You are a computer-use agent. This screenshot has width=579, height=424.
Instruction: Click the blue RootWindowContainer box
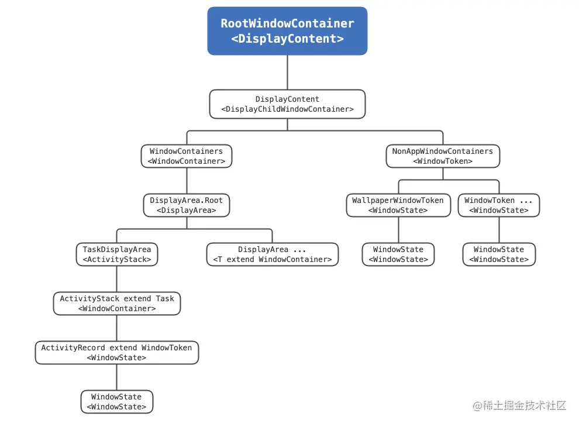click(287, 31)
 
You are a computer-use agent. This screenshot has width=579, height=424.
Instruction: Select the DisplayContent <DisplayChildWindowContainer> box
click(287, 104)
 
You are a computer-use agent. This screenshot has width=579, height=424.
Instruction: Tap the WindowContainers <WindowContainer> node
click(187, 156)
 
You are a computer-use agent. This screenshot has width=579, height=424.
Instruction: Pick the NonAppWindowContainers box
click(443, 156)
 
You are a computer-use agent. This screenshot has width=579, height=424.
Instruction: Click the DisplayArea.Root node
click(187, 205)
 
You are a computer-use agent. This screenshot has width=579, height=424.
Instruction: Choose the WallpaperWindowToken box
click(398, 205)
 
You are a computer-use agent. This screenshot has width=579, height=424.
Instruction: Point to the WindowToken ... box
click(499, 205)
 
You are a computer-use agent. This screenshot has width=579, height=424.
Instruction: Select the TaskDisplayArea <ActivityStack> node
click(117, 254)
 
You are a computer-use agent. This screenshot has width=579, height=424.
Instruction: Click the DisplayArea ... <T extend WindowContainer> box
click(273, 254)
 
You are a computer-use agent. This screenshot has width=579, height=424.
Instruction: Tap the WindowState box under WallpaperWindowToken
click(398, 254)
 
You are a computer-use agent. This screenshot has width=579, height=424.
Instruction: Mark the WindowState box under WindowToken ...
click(499, 254)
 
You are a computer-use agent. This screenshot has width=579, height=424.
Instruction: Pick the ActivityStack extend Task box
click(117, 304)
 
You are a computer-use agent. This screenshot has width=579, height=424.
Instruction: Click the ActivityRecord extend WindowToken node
click(117, 353)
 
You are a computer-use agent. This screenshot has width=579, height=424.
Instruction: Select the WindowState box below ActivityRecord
click(117, 402)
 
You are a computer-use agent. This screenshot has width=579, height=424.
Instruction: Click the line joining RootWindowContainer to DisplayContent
click(287, 73)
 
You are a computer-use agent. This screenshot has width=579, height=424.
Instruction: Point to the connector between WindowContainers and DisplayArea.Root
click(187, 181)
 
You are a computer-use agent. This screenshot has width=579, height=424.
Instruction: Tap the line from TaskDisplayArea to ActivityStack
click(117, 279)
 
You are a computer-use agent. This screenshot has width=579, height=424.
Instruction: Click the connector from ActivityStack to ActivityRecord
click(117, 328)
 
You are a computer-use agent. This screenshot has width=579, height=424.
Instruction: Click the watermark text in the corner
click(519, 405)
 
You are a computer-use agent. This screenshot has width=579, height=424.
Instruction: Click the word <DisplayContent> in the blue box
click(287, 39)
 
